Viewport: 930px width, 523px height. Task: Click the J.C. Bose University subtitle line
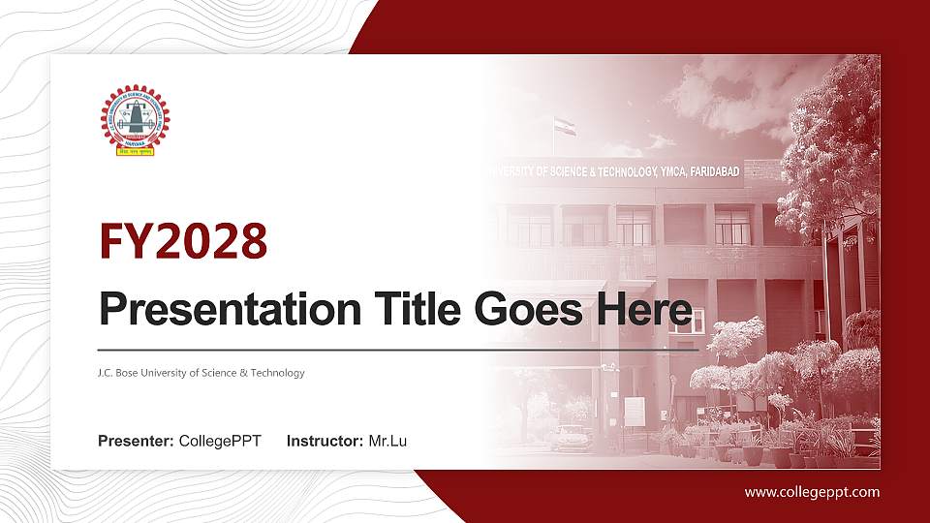tap(201, 373)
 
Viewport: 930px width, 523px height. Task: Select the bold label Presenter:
tap(136, 442)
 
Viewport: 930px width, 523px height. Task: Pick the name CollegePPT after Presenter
tap(220, 442)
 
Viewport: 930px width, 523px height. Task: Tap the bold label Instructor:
tap(325, 442)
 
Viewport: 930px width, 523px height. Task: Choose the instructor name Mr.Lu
tap(387, 442)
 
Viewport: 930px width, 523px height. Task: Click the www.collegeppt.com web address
tap(812, 492)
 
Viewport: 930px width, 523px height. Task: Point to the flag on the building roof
tap(565, 126)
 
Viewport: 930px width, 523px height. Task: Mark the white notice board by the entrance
tap(634, 411)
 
